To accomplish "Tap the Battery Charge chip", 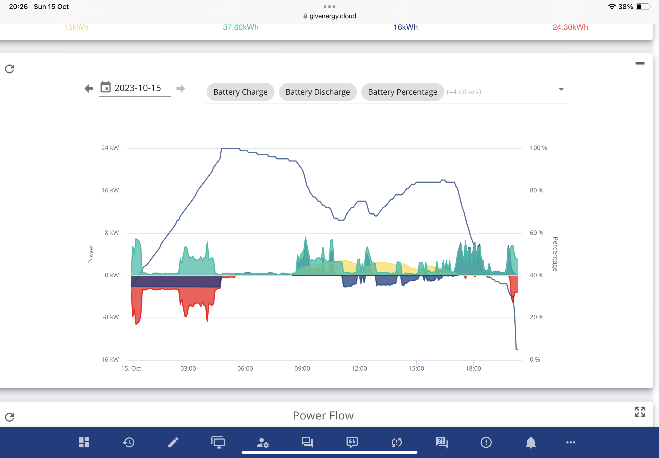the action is coord(240,92).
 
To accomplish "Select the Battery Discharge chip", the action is coord(317,92).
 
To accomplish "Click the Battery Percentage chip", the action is coord(402,92).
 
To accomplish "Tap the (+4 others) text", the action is coord(464,92).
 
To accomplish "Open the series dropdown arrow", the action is coord(561,89).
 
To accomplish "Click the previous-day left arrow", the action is coord(89,88).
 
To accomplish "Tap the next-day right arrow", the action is coord(181,88).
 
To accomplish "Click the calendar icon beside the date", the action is coord(105,87).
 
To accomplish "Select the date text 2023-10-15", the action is coord(138,88).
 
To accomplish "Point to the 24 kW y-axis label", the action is coord(110,148).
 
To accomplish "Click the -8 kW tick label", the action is coord(111,317).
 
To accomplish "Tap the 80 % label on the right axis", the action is coord(536,190).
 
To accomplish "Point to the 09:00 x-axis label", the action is coord(302,368).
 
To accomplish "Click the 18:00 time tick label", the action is coord(473,368).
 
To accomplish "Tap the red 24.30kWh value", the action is coord(570,27).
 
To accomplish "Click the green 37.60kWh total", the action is coord(241,27).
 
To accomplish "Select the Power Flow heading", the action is coord(323,416).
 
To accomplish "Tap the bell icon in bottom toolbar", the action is coord(531,442).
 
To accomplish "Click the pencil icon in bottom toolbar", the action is coord(173,442).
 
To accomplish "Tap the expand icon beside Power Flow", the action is coord(640,412).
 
